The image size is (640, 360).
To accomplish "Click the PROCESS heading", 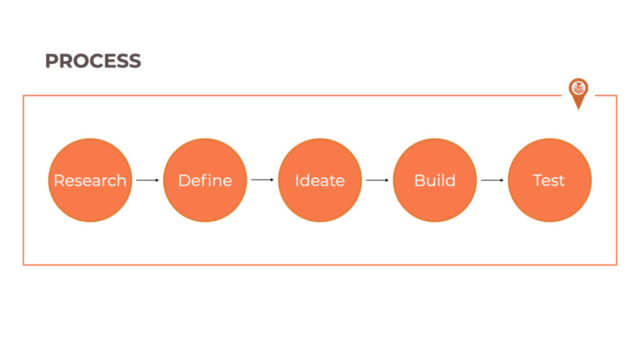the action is pos(93,61).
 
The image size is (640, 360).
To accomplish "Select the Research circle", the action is pos(90,180).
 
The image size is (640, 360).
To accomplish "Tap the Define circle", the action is pos(205,180).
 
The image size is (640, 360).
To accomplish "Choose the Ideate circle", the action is pos(320,180).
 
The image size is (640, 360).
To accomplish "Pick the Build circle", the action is pos(435,180).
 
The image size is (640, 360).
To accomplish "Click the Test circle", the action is pos(550,180).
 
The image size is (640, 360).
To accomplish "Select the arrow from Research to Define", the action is pos(147,180).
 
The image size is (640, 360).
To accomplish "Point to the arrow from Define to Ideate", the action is pos(262,179).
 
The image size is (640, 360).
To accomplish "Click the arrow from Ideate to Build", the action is pos(377,180).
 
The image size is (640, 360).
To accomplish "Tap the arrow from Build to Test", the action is pos(492,180).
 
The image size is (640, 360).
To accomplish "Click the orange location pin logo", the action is pos(578,92).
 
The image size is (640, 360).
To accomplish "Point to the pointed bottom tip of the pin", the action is pos(578,109).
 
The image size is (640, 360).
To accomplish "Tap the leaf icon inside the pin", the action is pos(578,87).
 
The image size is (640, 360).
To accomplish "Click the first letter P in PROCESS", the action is pos(51,61).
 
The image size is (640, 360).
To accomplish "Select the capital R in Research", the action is pos(59,181).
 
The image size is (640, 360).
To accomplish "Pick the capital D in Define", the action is pos(184,181).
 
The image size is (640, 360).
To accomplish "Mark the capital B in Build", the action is pos(420,181).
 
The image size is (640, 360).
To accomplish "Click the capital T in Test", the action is pos(538,181).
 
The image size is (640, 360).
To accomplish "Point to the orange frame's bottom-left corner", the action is pos(24,264).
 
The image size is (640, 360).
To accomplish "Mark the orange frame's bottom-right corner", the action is pos(616,264).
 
